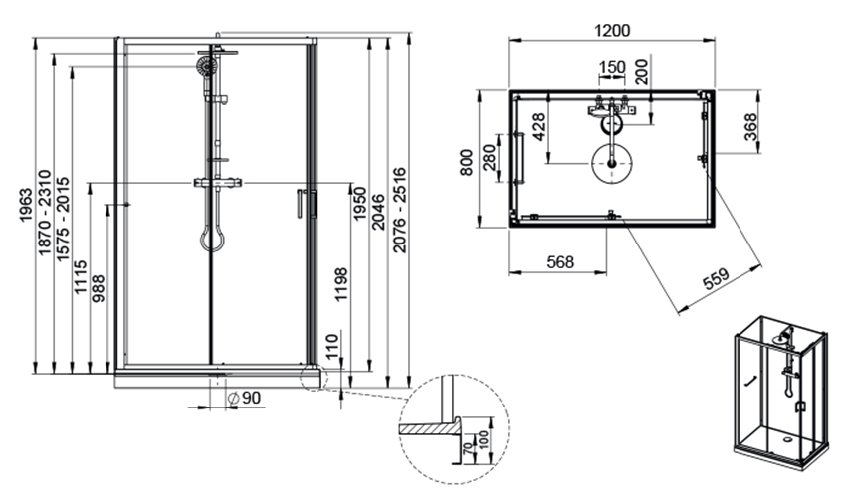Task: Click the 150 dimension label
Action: click(x=611, y=67)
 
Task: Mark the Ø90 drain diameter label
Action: click(x=244, y=398)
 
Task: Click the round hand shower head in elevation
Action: click(x=206, y=66)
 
